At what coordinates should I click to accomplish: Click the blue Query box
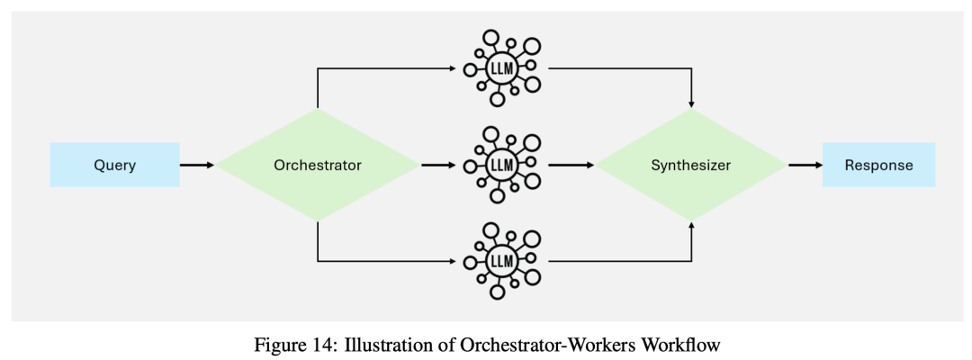(x=114, y=166)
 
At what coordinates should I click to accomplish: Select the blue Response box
(x=878, y=166)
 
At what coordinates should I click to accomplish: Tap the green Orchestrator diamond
(x=318, y=166)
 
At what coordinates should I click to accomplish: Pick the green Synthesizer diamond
(x=690, y=166)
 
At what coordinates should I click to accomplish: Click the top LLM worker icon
(x=501, y=68)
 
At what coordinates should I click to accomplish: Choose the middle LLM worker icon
(x=501, y=166)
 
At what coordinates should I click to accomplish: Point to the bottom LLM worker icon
(x=501, y=261)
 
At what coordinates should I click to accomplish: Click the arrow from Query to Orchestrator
(x=197, y=166)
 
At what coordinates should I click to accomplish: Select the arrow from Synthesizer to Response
(x=805, y=166)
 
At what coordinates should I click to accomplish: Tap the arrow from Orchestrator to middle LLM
(x=439, y=166)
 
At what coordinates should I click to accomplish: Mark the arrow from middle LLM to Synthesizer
(x=571, y=166)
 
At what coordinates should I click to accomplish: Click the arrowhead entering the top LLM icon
(x=453, y=68)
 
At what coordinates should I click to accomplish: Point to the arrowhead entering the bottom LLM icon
(x=453, y=261)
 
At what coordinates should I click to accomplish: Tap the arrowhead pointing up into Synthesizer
(x=690, y=228)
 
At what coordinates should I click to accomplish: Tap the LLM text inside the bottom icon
(x=500, y=261)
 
